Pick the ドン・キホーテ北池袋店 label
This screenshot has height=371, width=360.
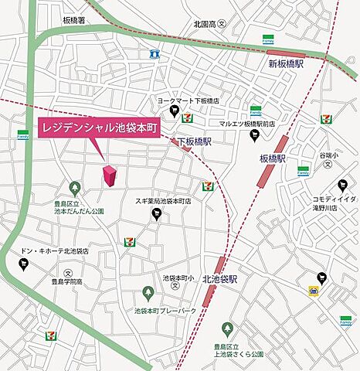click(55, 251)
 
